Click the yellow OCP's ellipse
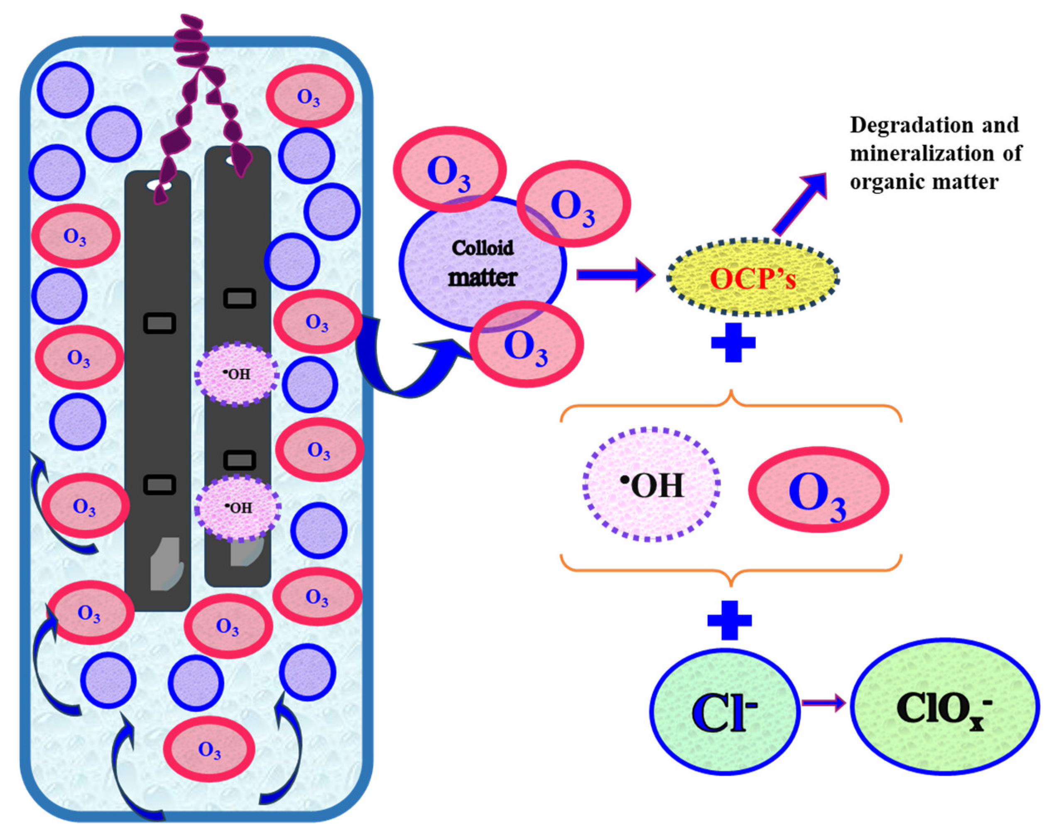pos(753,277)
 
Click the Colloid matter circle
pos(483,264)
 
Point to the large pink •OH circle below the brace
pos(652,485)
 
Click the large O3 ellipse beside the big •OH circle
pos(819,489)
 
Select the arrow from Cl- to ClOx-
pos(824,703)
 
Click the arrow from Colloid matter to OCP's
pos(616,275)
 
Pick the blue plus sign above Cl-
pos(729,620)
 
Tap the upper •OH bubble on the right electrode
pos(237,374)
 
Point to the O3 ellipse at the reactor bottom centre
pos(209,749)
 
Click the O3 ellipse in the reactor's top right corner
pos(309,96)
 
